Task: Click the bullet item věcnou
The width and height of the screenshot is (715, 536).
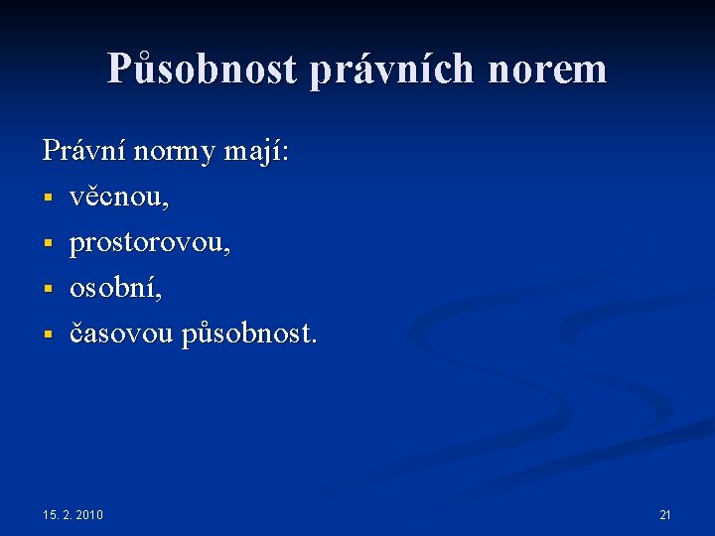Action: coord(119,198)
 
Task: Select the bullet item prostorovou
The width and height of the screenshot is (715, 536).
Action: coord(150,244)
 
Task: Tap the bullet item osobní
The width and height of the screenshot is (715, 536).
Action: coord(115,289)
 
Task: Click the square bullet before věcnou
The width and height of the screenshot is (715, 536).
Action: coord(47,200)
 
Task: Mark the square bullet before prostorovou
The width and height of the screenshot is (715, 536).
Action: coord(47,245)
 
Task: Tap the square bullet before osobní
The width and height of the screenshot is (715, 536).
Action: coord(47,291)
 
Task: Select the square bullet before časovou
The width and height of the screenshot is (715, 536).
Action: coord(47,336)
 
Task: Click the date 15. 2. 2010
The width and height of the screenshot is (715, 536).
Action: coord(72,514)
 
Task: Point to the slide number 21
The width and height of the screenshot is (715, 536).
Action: coord(665,514)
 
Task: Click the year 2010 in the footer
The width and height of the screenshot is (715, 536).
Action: coord(89,514)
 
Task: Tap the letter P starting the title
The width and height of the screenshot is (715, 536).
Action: coord(119,68)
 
